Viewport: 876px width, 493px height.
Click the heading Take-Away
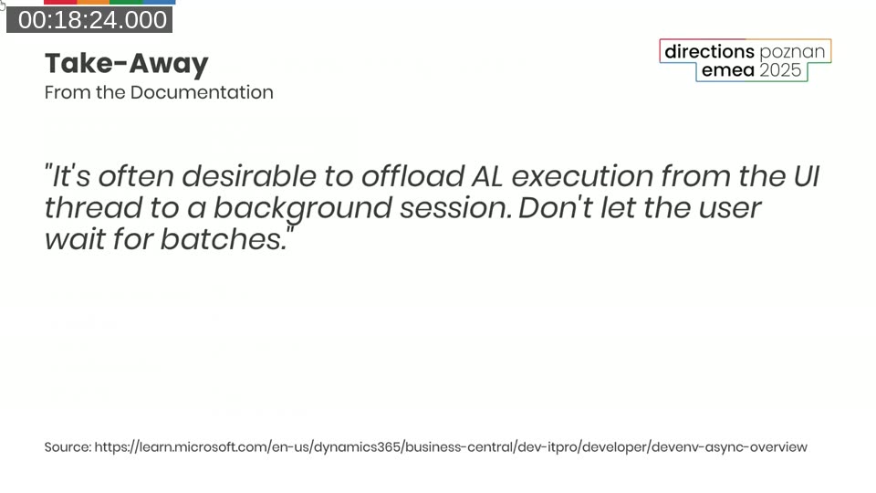(127, 63)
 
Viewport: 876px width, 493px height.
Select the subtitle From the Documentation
(159, 92)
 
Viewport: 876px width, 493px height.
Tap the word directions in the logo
(709, 51)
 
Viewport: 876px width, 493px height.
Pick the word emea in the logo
(728, 71)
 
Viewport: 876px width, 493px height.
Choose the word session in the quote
(455, 207)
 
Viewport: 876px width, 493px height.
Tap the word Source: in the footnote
(68, 447)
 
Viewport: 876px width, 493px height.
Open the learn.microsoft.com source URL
(451, 447)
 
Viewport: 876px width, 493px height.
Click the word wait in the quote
(74, 239)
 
